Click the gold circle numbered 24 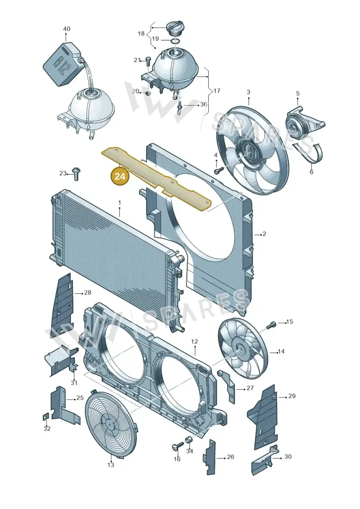[119, 176]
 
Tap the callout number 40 [66, 29]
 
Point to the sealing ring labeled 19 [175, 41]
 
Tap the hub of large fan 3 [250, 150]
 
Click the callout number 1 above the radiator [119, 203]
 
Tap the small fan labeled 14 [242, 351]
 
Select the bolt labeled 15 [271, 324]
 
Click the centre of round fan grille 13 [110, 423]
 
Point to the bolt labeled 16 [177, 447]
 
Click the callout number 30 [288, 456]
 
